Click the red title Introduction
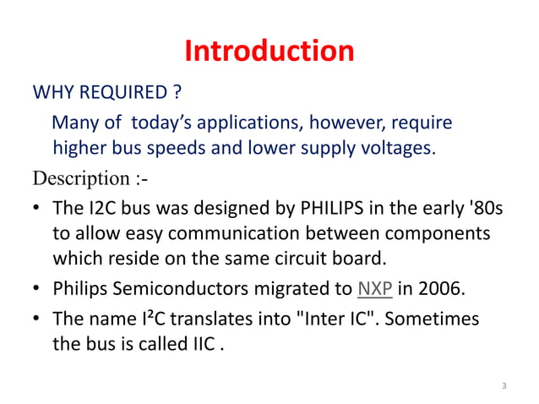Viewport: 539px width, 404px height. click(x=269, y=52)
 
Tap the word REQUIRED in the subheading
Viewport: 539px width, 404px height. click(x=129, y=91)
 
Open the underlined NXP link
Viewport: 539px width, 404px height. click(x=375, y=288)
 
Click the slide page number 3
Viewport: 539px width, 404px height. click(x=504, y=386)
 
